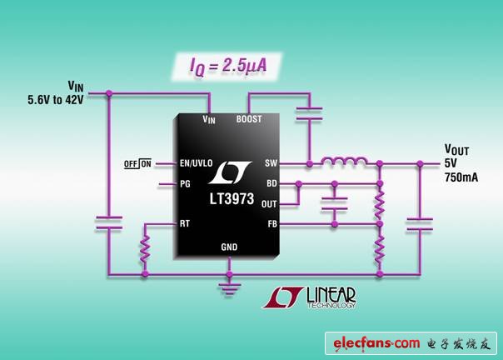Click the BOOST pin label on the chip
pos(249,119)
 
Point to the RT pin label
pos(186,223)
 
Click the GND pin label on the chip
pos(229,247)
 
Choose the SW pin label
pos(271,163)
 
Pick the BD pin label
pos(271,183)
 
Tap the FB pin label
pos(271,223)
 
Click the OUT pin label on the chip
pos(268,203)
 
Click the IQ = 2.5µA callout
pos(222,66)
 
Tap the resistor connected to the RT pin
pos(145,248)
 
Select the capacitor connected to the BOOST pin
pos(308,113)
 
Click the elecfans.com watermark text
pos(376,342)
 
